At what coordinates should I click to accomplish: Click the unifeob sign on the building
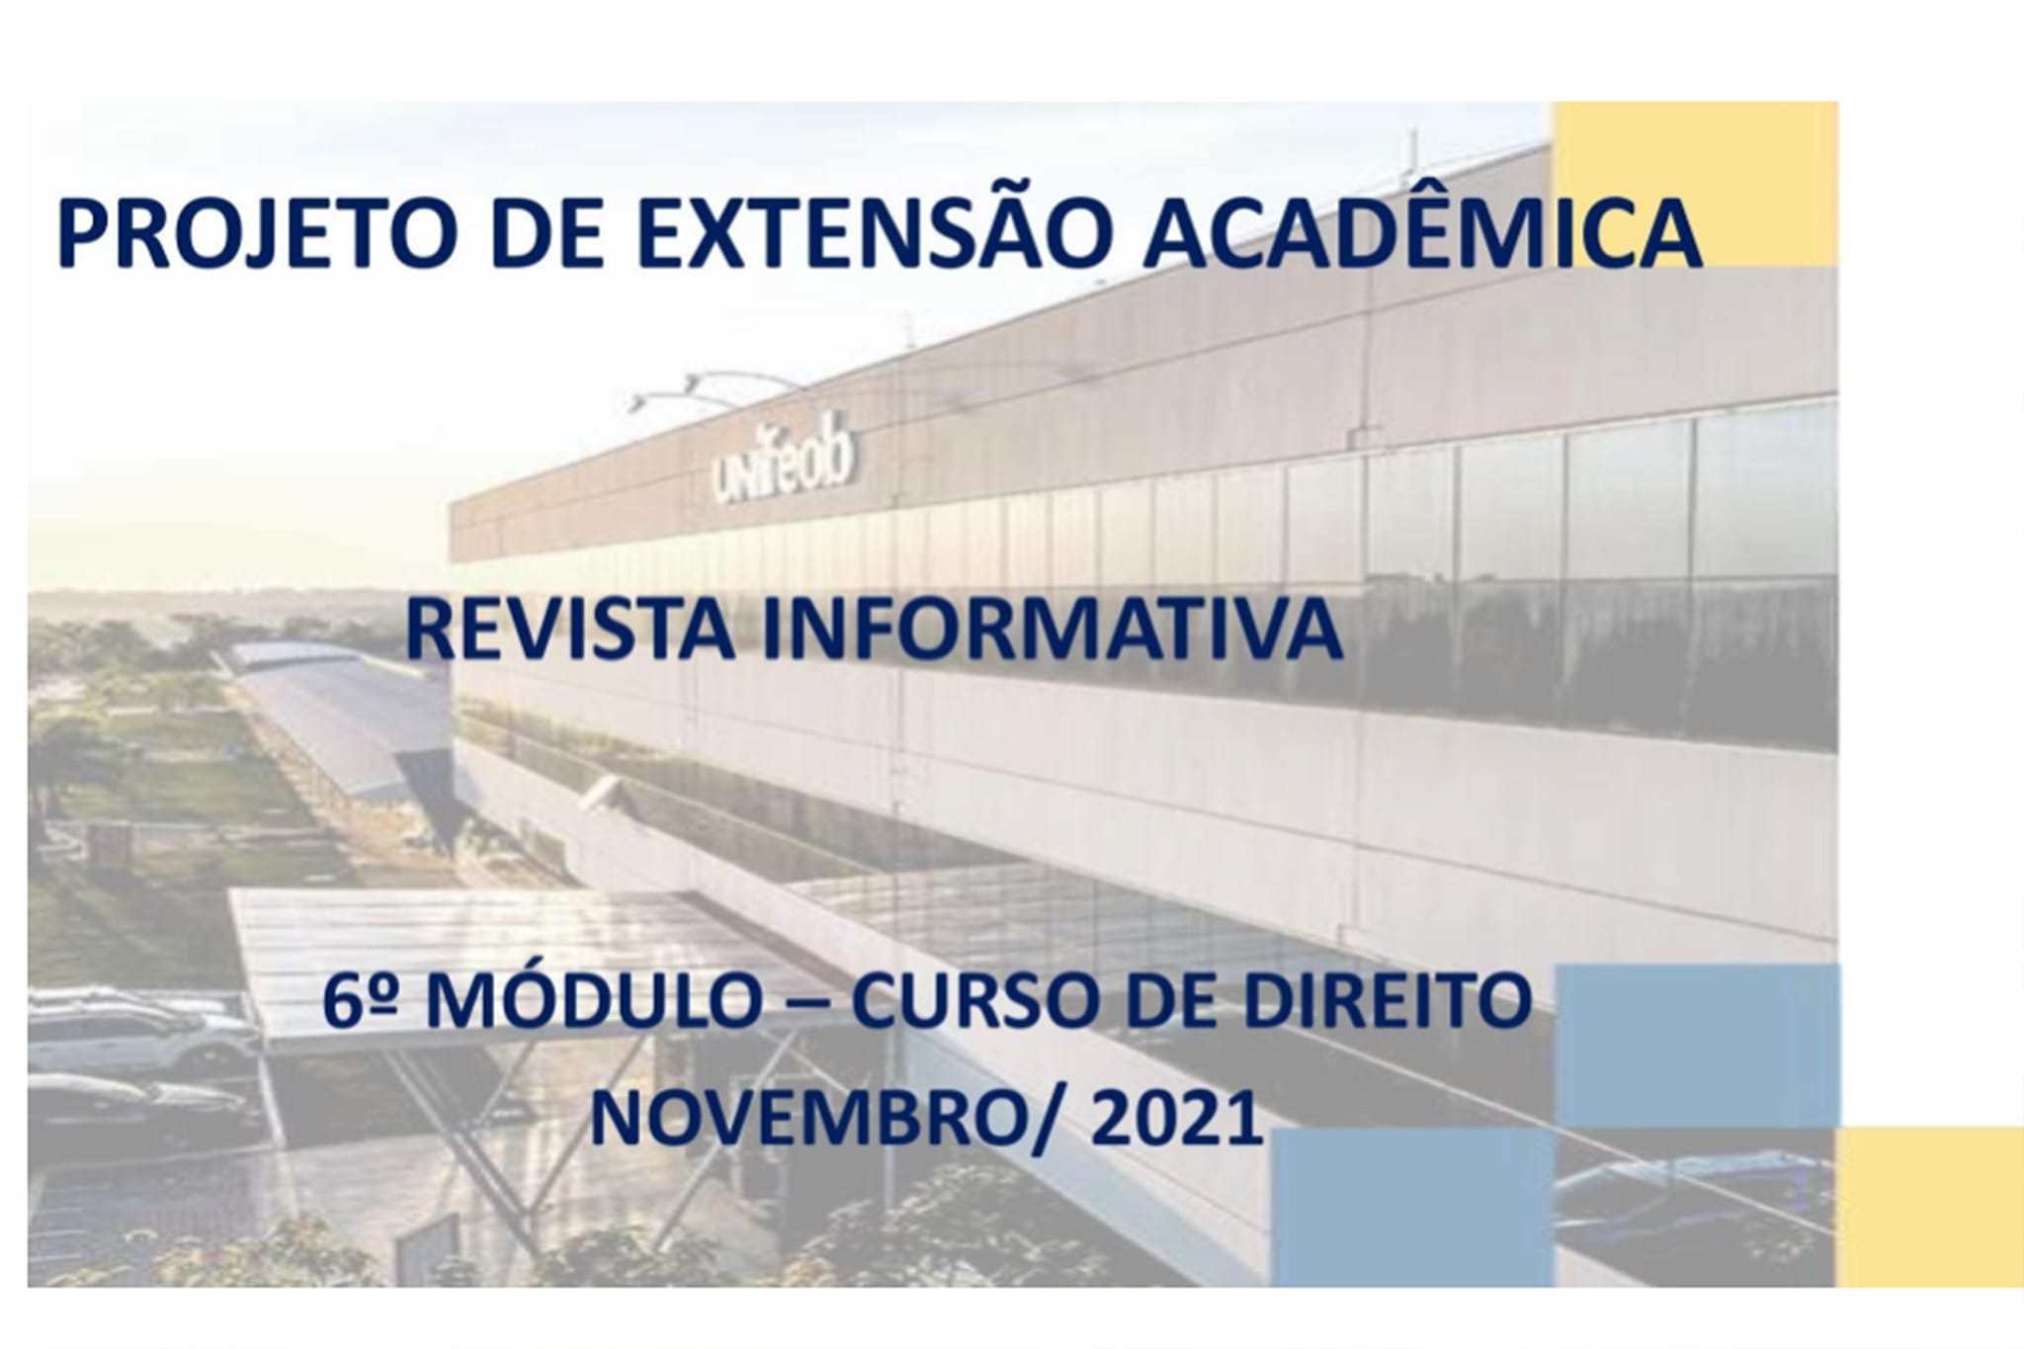782,465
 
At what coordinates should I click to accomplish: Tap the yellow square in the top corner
1696,184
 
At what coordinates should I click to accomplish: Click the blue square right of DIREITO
1698,1047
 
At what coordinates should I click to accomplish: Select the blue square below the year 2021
1414,1208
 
